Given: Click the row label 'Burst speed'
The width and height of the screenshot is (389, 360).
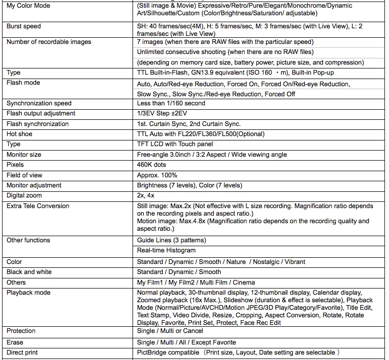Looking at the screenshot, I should (24, 26).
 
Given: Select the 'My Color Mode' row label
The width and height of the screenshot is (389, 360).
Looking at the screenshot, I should (28, 6).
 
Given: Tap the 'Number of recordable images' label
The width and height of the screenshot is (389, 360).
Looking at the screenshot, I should (49, 42).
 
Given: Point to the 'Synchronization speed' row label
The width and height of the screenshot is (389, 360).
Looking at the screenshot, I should (39, 103).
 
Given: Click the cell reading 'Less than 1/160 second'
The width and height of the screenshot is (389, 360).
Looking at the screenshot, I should (171, 103).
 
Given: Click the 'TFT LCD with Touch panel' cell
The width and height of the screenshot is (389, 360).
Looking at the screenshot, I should (175, 145).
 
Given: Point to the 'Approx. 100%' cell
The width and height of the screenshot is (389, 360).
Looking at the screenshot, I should (157, 175).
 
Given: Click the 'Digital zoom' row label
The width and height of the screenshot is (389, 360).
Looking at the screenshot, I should (24, 195).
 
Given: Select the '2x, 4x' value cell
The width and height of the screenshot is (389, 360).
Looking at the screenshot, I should (146, 195).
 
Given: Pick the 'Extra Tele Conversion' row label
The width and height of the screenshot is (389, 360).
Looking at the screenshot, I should (38, 206).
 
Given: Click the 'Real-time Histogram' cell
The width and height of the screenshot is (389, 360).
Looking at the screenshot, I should (166, 250).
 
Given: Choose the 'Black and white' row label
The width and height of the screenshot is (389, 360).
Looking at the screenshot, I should (29, 272).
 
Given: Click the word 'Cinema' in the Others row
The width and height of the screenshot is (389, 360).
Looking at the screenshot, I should (244, 282).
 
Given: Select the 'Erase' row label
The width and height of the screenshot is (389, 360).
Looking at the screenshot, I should (15, 342).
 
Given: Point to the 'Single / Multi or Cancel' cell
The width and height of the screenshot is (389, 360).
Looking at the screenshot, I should (170, 331).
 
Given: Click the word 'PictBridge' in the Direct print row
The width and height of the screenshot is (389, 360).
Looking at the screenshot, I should (153, 353).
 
